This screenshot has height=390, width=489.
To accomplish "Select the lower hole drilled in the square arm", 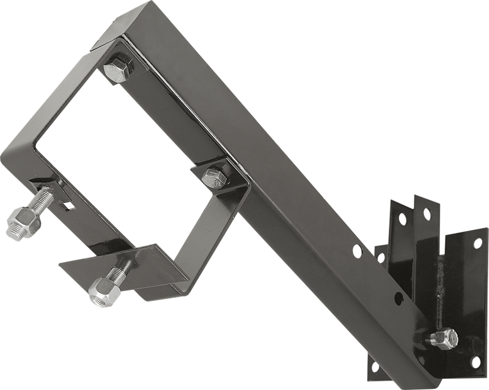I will (398, 298).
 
